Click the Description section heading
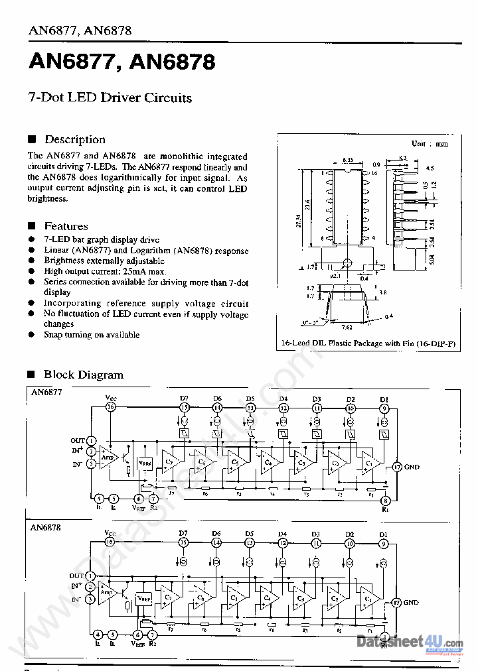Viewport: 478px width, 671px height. [74, 139]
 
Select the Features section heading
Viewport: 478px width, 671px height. [66, 226]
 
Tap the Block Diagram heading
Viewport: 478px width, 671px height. [83, 375]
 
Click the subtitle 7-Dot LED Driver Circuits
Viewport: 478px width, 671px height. [110, 97]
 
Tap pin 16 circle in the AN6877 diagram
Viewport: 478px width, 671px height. [111, 407]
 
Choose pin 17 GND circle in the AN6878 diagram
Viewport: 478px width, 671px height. [396, 603]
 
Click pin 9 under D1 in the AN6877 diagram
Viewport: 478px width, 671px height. [384, 408]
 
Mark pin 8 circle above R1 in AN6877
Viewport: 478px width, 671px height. [384, 501]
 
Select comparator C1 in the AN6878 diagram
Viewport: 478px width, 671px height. [367, 599]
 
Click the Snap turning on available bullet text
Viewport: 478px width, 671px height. [92, 335]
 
